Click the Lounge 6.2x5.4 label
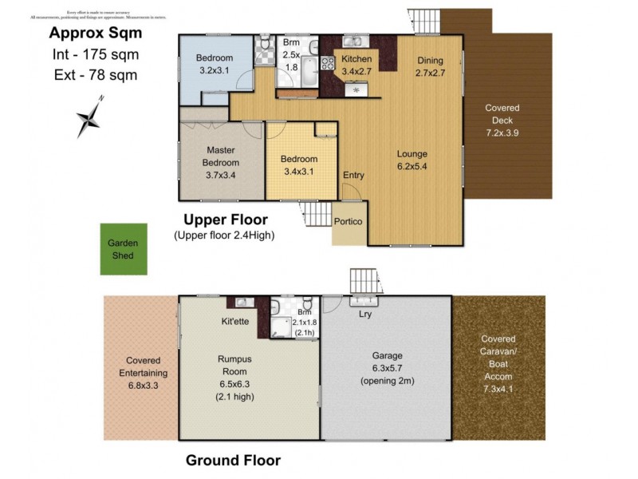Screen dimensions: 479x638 click(x=413, y=160)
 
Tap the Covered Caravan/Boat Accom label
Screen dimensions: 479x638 click(x=498, y=363)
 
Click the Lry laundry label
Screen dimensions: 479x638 click(x=365, y=314)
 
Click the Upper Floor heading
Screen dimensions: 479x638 click(x=226, y=220)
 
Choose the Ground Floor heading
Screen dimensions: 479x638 click(x=233, y=460)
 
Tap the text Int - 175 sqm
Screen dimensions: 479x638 click(x=94, y=55)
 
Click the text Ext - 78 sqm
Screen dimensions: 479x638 click(x=94, y=76)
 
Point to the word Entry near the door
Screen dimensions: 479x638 click(x=353, y=176)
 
